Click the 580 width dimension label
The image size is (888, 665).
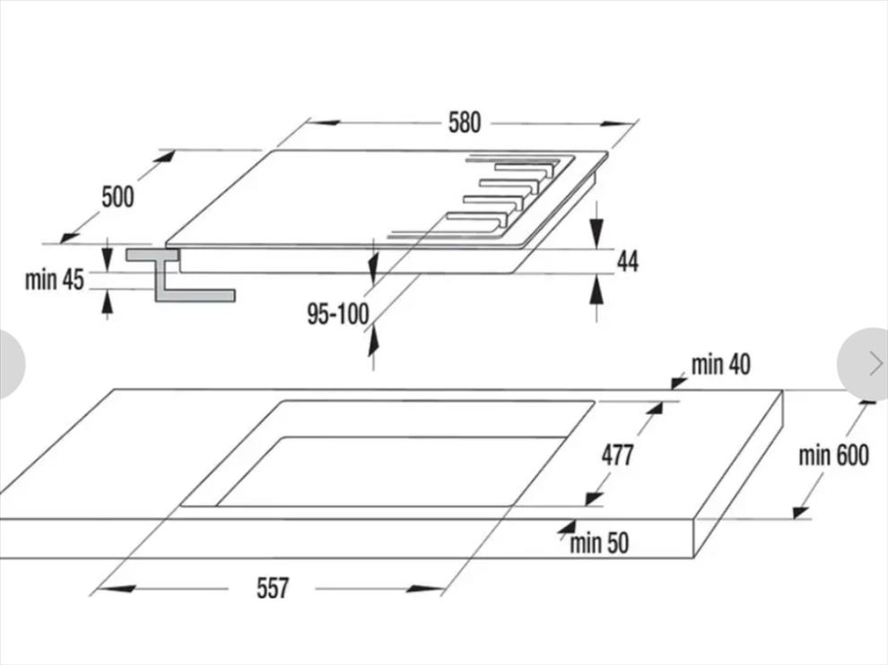[x=465, y=123]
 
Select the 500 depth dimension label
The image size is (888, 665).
[x=118, y=196]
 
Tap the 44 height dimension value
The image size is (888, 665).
[x=627, y=262]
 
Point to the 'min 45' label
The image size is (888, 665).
[x=54, y=281]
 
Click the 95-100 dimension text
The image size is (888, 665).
[x=337, y=315]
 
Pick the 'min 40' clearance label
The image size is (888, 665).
[x=720, y=365]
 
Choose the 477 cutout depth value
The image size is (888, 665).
[x=617, y=455]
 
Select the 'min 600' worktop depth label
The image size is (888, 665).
[x=833, y=455]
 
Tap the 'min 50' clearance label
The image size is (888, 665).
[x=599, y=542]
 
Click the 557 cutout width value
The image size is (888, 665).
[x=273, y=589]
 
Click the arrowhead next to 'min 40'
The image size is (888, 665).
[x=678, y=383]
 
